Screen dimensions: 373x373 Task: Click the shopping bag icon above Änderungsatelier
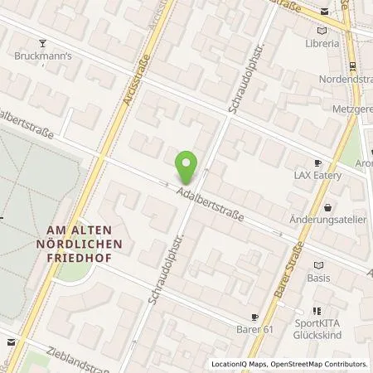(329, 208)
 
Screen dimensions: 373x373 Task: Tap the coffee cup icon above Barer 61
(255, 317)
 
